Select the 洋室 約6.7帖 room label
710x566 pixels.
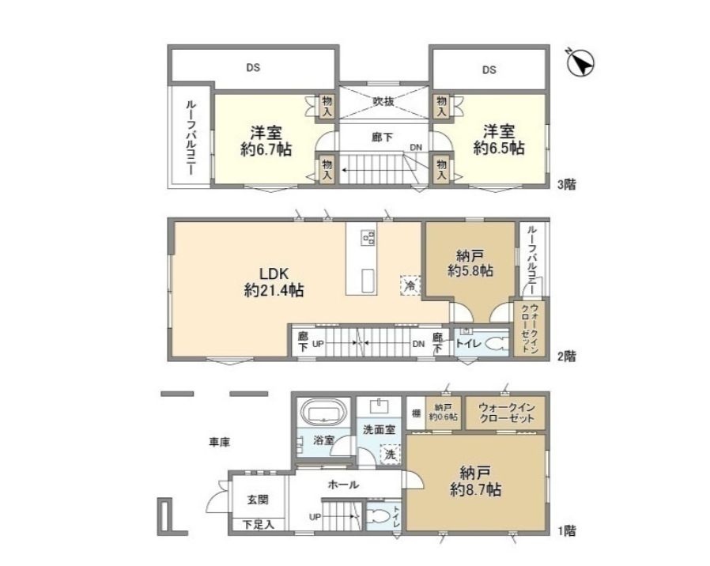click(266, 140)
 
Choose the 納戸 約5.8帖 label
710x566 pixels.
click(470, 262)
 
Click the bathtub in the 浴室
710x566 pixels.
click(323, 413)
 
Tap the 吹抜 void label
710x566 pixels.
click(383, 101)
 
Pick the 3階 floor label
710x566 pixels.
click(565, 185)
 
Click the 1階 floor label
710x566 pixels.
click(565, 530)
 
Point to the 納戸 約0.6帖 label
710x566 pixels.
click(442, 413)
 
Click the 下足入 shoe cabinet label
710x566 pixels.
click(258, 524)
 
